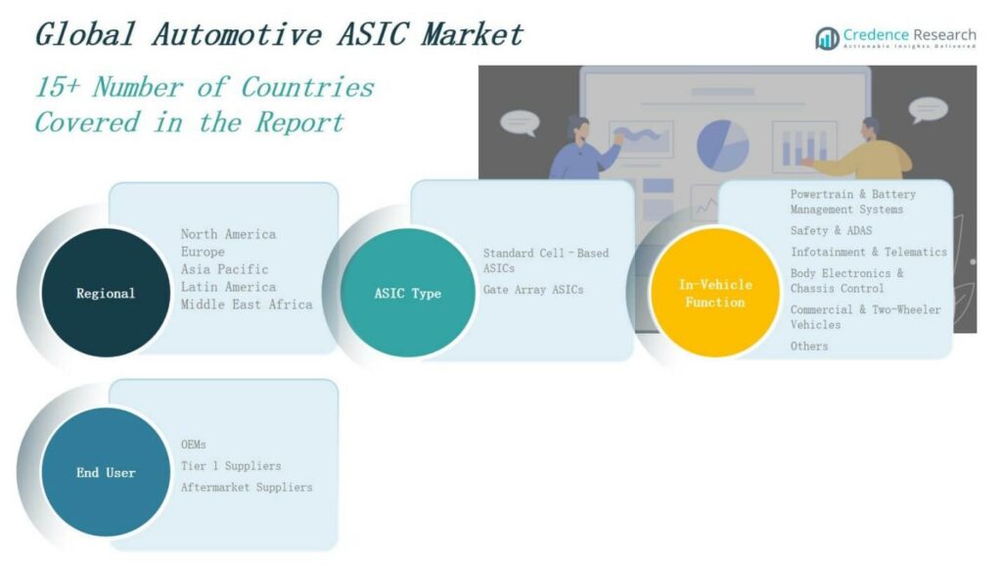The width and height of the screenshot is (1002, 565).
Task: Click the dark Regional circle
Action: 106,293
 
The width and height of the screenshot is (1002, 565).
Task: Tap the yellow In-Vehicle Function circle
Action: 715,293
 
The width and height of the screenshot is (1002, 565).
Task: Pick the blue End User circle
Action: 106,472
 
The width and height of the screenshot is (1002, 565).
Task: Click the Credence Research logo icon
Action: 827,38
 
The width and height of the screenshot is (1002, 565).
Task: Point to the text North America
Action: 228,234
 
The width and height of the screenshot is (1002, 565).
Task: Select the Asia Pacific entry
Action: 224,269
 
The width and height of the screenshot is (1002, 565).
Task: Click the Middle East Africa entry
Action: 247,305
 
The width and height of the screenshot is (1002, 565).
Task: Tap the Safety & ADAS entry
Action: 831,231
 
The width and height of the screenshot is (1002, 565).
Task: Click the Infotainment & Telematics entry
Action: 868,252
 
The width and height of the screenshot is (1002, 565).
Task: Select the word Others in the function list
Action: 809,346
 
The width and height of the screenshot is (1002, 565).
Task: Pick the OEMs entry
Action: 194,445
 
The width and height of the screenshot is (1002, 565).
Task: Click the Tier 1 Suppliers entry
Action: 231,466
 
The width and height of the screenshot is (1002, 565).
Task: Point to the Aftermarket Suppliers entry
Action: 247,487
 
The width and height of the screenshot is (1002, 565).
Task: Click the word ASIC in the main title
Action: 376,34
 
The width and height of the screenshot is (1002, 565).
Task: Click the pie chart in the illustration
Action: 722,143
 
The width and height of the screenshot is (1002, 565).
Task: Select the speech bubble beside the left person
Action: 520,122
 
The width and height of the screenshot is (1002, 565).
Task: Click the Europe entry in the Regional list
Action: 203,252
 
